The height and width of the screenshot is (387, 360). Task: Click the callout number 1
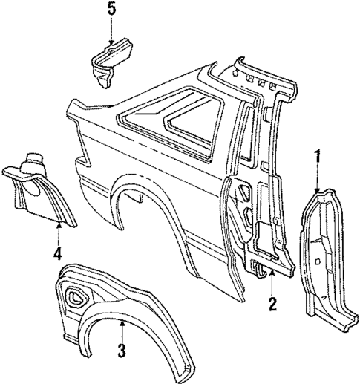[x=318, y=157]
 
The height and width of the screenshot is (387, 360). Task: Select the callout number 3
[x=122, y=349]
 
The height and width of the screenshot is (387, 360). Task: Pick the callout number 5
[x=111, y=10]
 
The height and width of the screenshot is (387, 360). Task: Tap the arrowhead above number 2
[x=272, y=275]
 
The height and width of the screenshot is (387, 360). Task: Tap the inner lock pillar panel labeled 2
[x=260, y=215]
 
